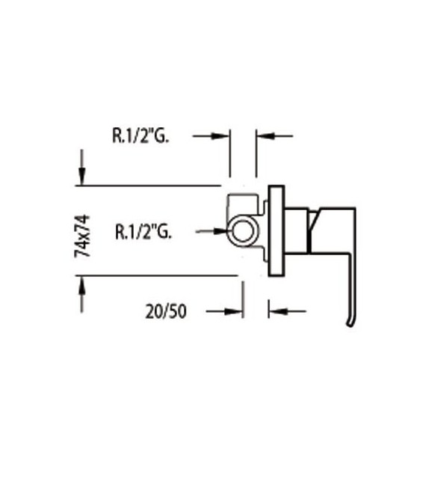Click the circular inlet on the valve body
[x=242, y=232]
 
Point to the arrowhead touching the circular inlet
[x=222, y=232]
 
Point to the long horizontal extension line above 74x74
[x=149, y=185]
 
